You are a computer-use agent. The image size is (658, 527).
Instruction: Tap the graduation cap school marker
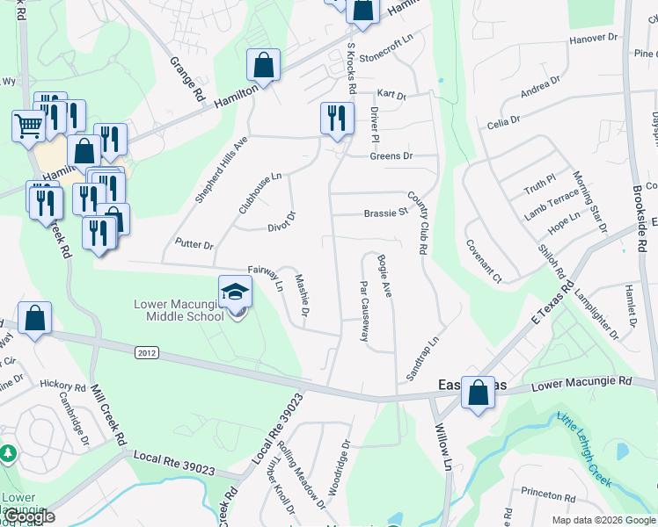[235, 292]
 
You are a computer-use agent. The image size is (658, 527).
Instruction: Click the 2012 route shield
[148, 352]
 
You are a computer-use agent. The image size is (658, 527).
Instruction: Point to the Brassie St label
[386, 213]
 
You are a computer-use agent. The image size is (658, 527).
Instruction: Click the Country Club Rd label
[417, 223]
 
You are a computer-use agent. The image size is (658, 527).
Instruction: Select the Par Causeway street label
[363, 311]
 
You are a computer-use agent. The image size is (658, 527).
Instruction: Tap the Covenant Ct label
[484, 262]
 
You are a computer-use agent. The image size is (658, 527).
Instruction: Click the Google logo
[29, 516]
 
